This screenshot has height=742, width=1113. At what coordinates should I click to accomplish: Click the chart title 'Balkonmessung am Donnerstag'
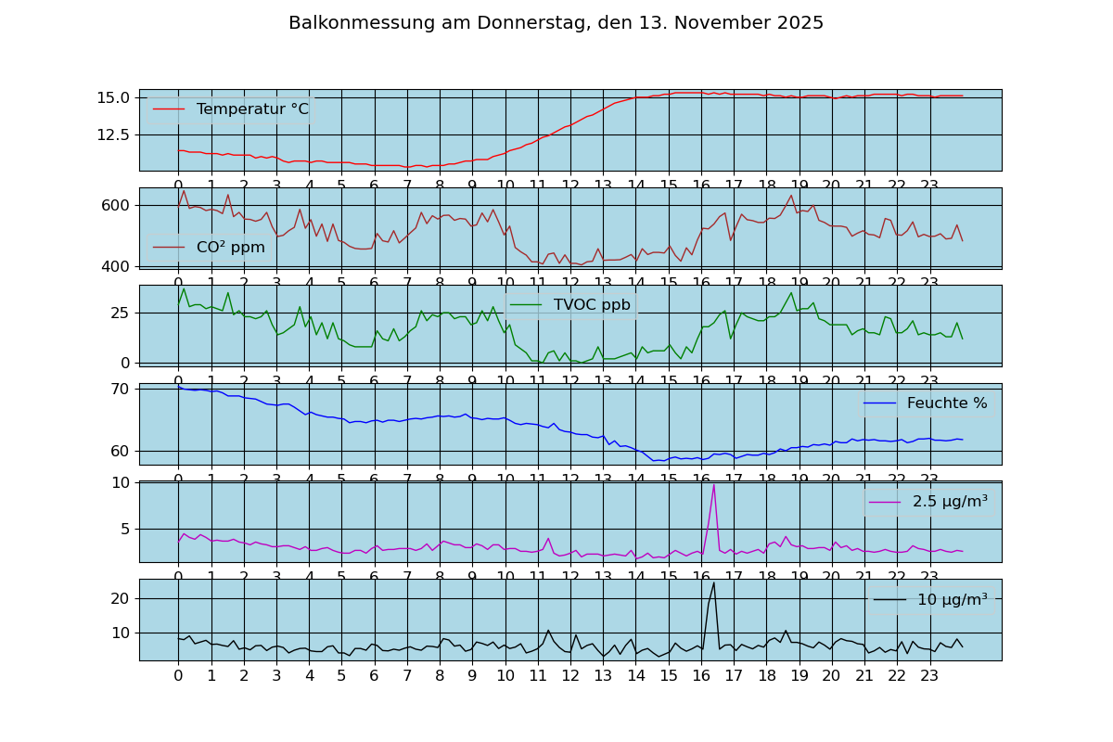pos(556,23)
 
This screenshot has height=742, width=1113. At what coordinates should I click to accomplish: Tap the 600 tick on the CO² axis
pos(119,205)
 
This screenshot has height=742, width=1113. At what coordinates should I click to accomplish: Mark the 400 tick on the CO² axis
pos(119,266)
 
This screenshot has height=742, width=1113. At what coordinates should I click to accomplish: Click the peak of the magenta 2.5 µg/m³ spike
pos(713,484)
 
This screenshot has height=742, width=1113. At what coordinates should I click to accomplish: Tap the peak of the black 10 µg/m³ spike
pos(713,582)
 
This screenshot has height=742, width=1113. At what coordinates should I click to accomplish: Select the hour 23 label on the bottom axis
pos(929,676)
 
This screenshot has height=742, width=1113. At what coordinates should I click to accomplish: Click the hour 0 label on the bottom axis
pos(178,676)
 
